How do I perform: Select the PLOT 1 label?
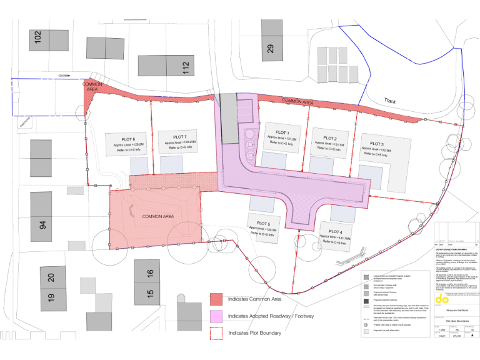pyautogui.click(x=282, y=132)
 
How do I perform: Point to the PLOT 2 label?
pyautogui.click(x=331, y=138)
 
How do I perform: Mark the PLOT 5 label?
pyautogui.click(x=263, y=223)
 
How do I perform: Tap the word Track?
pyautogui.click(x=390, y=100)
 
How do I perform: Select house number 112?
pyautogui.click(x=186, y=68)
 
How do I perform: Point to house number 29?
pyautogui.click(x=270, y=47)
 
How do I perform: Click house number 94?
pyautogui.click(x=43, y=224)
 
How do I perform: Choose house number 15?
pyautogui.click(x=150, y=293)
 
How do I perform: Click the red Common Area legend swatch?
pyautogui.click(x=216, y=299)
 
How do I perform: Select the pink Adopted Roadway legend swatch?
pyautogui.click(x=216, y=316)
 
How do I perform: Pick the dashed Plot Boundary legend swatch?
pyautogui.click(x=216, y=332)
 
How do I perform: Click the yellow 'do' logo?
pyautogui.click(x=442, y=300)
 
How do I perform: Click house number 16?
pyautogui.click(x=150, y=274)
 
